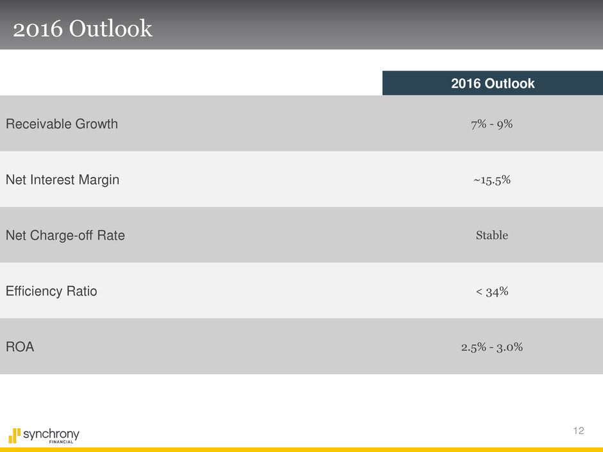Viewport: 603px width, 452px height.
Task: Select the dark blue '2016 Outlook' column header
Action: tap(492, 83)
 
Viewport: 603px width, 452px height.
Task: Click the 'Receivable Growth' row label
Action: tap(62, 124)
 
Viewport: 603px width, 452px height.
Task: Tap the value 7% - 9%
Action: tap(492, 124)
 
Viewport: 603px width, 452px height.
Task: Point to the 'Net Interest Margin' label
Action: tap(62, 180)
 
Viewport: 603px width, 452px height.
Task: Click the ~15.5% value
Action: tap(492, 180)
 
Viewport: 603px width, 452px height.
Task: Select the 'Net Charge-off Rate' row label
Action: tap(65, 236)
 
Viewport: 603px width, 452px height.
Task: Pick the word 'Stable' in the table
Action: tap(492, 236)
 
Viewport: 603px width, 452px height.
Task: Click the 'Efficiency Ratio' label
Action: tap(51, 292)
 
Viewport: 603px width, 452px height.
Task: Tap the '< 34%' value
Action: tap(492, 292)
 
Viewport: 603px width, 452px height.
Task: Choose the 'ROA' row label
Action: tap(20, 347)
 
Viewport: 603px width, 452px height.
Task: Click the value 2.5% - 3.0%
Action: tap(492, 347)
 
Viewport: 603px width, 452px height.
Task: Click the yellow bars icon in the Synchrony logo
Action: tap(14, 435)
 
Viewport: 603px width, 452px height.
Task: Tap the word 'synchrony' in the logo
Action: tap(51, 434)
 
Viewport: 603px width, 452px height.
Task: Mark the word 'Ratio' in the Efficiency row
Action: tap(82, 292)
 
